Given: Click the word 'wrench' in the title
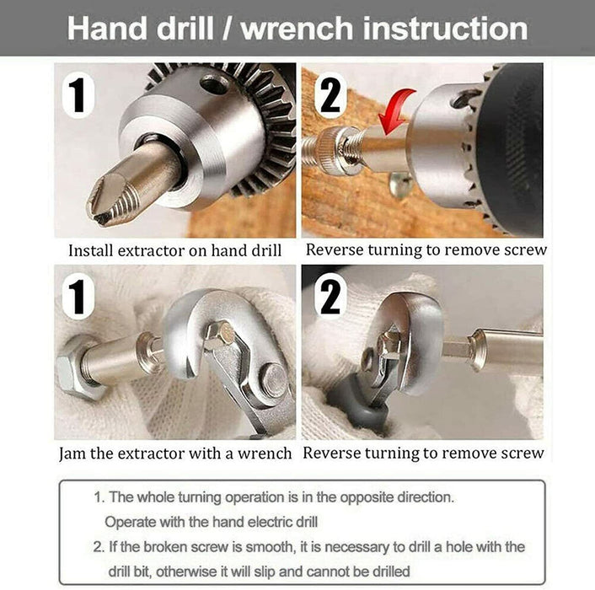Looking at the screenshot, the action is coord(297,29).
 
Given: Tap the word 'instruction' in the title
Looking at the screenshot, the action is coord(445,29).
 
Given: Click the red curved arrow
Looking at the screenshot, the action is coord(396,111).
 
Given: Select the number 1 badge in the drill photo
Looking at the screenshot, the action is coord(78,95).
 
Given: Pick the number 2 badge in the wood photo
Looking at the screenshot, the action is coord(330,95).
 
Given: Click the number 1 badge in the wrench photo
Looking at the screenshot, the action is coord(78,297).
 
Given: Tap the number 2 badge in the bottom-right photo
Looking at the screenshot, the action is coord(330,296).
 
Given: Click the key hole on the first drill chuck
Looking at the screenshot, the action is coord(215,83).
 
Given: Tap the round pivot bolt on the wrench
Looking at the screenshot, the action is coord(274,381).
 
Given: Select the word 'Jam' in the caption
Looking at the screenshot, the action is coord(72,453).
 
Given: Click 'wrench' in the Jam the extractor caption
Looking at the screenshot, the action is coord(265,453).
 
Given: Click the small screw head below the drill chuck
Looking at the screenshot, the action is coord(400,185).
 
